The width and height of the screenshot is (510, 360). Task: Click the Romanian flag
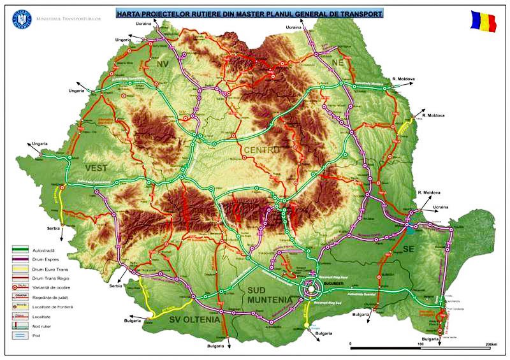click(x=484, y=20)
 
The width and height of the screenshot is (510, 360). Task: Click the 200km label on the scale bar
click(x=490, y=344)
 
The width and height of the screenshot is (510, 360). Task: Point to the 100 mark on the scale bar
click(x=420, y=344)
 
